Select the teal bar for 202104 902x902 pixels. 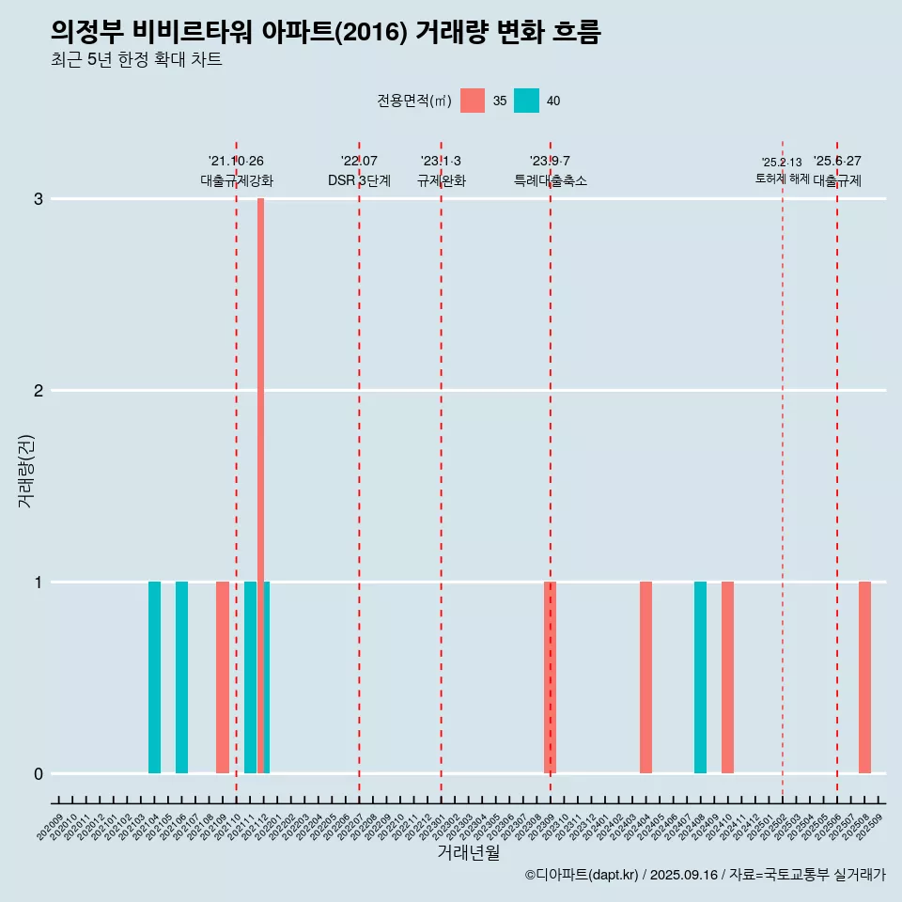(x=154, y=677)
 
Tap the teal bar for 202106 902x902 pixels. (x=181, y=677)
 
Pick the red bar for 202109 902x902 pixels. (x=223, y=677)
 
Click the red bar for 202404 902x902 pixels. (x=645, y=677)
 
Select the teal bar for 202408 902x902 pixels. (x=700, y=677)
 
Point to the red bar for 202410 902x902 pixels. (x=727, y=677)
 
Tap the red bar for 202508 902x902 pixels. (x=864, y=677)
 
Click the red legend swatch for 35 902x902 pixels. (x=473, y=101)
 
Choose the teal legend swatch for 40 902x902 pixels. (x=526, y=101)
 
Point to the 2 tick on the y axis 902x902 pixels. (x=39, y=391)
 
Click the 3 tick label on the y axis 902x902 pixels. (x=39, y=199)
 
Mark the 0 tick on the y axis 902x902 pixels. (x=39, y=774)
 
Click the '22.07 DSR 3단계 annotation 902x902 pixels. (x=359, y=171)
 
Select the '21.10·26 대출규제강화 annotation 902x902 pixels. (x=236, y=171)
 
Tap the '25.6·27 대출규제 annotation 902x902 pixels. (x=837, y=171)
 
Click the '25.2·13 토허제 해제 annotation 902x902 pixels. (x=782, y=171)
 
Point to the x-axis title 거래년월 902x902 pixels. (x=468, y=853)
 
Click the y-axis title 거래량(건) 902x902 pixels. (x=25, y=470)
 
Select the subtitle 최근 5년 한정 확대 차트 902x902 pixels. (x=137, y=60)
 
